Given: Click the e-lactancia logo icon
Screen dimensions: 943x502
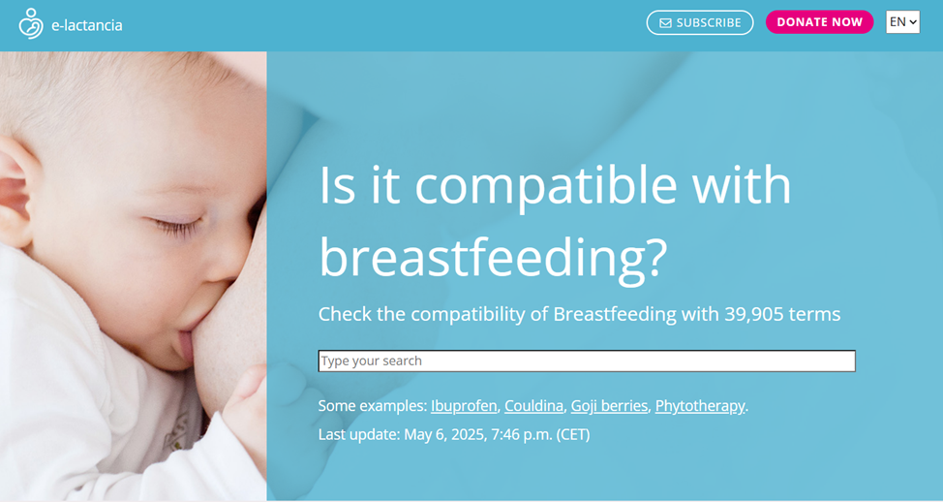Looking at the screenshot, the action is tap(31, 23).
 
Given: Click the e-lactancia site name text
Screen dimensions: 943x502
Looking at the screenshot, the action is tap(86, 25).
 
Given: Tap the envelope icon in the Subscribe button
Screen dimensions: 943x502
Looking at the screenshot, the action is tap(665, 23).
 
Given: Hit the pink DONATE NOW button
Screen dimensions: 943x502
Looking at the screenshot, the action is tap(819, 22).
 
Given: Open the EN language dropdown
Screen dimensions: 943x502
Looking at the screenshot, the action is tap(902, 22).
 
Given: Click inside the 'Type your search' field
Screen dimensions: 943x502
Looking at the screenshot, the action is tap(587, 361).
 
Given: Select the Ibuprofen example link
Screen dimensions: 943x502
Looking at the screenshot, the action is tap(464, 406).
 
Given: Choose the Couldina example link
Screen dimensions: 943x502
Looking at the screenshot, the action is tap(533, 406).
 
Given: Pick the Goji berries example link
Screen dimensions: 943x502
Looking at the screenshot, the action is tap(609, 406).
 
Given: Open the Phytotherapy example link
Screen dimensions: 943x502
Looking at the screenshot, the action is tap(700, 406).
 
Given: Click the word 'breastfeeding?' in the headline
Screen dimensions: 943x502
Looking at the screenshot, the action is tap(493, 257).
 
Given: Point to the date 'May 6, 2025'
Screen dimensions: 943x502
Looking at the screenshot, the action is tap(444, 434).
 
